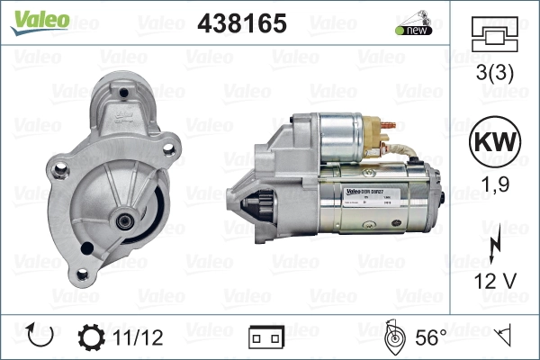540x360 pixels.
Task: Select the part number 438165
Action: (241, 24)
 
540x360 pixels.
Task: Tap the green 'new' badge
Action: (411, 30)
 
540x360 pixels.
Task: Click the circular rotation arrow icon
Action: (41, 337)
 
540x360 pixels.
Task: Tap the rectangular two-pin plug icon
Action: (266, 338)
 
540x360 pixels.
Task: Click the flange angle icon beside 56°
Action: (392, 337)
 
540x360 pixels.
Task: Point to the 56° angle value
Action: (432, 338)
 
